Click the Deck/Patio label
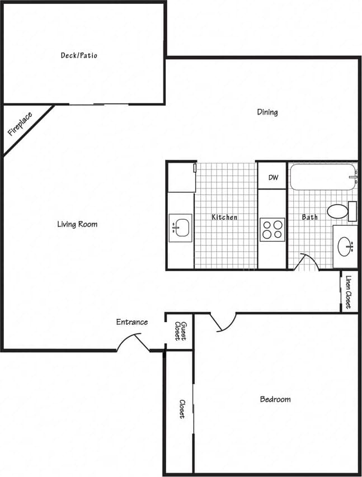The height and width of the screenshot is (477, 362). click(x=79, y=55)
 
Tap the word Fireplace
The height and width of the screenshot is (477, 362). click(x=20, y=125)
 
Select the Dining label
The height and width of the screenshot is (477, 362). click(x=267, y=112)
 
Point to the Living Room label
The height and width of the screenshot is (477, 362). click(x=77, y=224)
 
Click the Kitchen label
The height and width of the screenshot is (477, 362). click(x=224, y=217)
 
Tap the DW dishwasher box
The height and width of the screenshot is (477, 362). click(x=273, y=178)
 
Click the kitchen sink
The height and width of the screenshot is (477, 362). click(x=180, y=228)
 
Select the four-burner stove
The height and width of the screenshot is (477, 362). click(x=272, y=229)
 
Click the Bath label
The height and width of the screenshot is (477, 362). click(x=310, y=217)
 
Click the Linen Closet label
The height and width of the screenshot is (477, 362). click(x=349, y=292)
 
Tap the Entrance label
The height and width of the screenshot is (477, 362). click(x=132, y=322)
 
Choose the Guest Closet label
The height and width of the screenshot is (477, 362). click(x=180, y=331)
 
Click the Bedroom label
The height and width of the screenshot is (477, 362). click(x=275, y=399)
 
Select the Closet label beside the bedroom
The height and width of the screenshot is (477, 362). click(x=182, y=409)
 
